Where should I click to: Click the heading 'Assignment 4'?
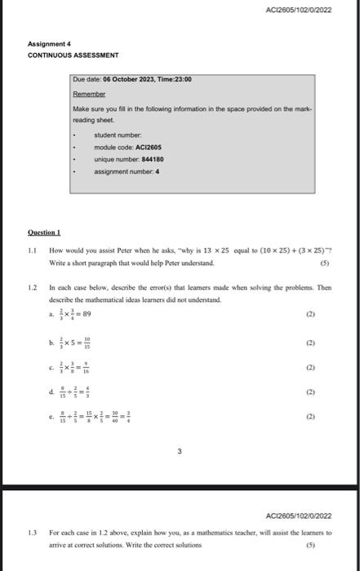pyautogui.click(x=50, y=43)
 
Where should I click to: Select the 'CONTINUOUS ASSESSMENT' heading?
pyautogui.click(x=73, y=55)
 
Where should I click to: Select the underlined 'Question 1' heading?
pyautogui.click(x=46, y=232)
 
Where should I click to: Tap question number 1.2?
pyautogui.click(x=33, y=288)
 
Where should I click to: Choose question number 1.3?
pyautogui.click(x=33, y=531)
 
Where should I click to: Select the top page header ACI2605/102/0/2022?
pyautogui.click(x=299, y=9)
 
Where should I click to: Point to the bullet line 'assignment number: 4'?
pyautogui.click(x=127, y=172)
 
